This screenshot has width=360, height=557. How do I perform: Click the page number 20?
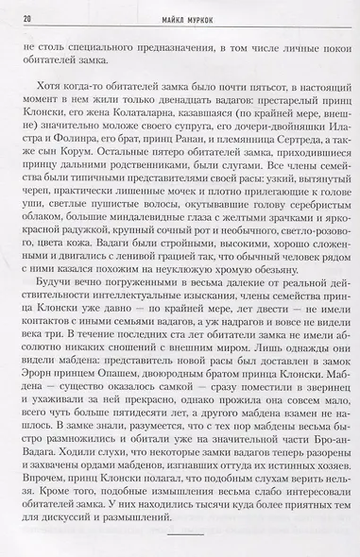tap(25, 18)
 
